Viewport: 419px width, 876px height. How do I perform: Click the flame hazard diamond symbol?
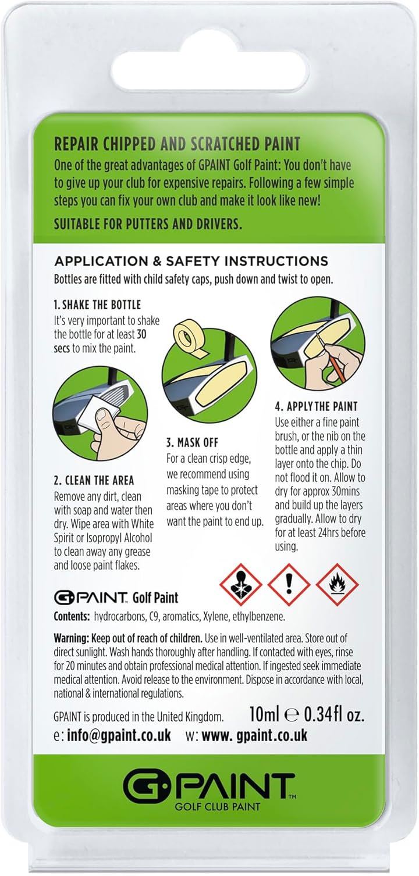tap(337, 584)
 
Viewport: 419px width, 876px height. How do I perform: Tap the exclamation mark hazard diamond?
tap(289, 584)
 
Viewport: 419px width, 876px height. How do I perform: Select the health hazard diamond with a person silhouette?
tap(240, 584)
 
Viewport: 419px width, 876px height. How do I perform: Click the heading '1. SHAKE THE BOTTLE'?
tap(97, 305)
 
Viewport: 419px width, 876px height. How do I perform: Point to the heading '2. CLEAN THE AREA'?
tap(94, 480)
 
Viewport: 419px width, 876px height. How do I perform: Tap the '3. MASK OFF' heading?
tap(192, 443)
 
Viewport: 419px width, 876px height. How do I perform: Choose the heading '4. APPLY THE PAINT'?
tap(317, 406)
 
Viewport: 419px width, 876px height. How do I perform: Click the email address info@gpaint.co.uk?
tap(119, 735)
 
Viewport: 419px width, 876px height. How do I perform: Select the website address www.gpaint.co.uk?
tap(254, 735)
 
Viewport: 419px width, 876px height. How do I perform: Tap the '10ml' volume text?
tap(264, 714)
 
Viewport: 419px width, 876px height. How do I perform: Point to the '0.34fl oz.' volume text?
tap(334, 714)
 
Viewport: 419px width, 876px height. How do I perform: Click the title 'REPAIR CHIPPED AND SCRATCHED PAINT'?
tap(177, 144)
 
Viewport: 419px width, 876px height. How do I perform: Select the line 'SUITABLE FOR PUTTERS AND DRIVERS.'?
tap(148, 224)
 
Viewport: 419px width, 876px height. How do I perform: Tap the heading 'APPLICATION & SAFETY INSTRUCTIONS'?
tap(191, 261)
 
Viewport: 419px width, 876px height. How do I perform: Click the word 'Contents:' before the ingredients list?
tap(72, 617)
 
